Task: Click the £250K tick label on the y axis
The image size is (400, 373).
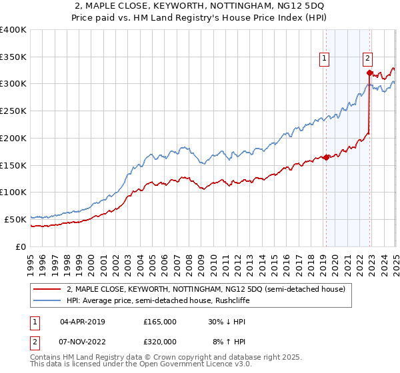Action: [13, 111]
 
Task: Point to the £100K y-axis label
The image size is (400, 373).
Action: [13, 192]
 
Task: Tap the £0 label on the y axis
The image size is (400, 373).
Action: [21, 246]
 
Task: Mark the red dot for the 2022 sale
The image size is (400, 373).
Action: [369, 73]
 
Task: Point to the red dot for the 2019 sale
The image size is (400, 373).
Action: [326, 157]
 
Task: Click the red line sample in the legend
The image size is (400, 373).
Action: [47, 289]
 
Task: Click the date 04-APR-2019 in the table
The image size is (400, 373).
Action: [82, 321]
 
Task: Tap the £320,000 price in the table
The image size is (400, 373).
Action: [160, 341]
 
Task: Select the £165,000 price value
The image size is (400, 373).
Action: [160, 321]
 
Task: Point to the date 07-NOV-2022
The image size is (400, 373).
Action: [83, 341]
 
